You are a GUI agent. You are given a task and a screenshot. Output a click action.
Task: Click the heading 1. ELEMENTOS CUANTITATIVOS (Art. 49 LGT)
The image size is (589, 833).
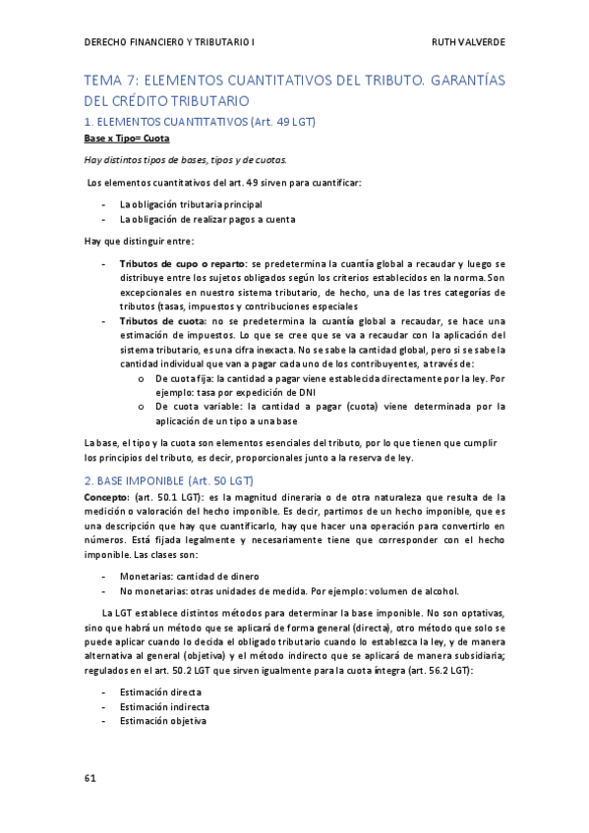(200, 121)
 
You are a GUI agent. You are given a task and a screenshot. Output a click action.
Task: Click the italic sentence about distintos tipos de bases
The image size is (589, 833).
(186, 160)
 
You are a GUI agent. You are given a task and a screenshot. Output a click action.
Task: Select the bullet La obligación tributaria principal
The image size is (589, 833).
(192, 203)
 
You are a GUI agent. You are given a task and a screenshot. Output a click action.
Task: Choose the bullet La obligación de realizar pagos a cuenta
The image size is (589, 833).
(206, 219)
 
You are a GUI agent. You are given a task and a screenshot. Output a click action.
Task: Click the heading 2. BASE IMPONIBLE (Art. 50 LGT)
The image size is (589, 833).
(169, 480)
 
